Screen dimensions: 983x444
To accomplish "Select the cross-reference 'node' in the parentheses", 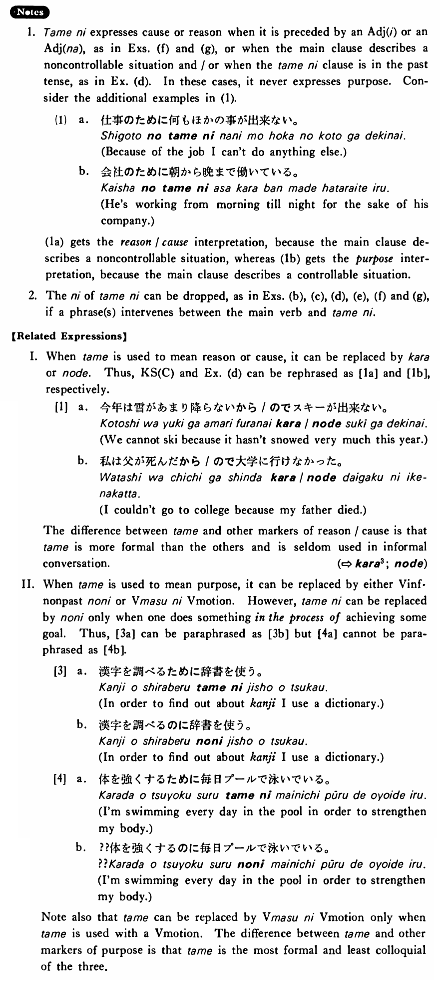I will click(x=409, y=563).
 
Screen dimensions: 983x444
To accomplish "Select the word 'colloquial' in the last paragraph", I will click(x=401, y=950).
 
